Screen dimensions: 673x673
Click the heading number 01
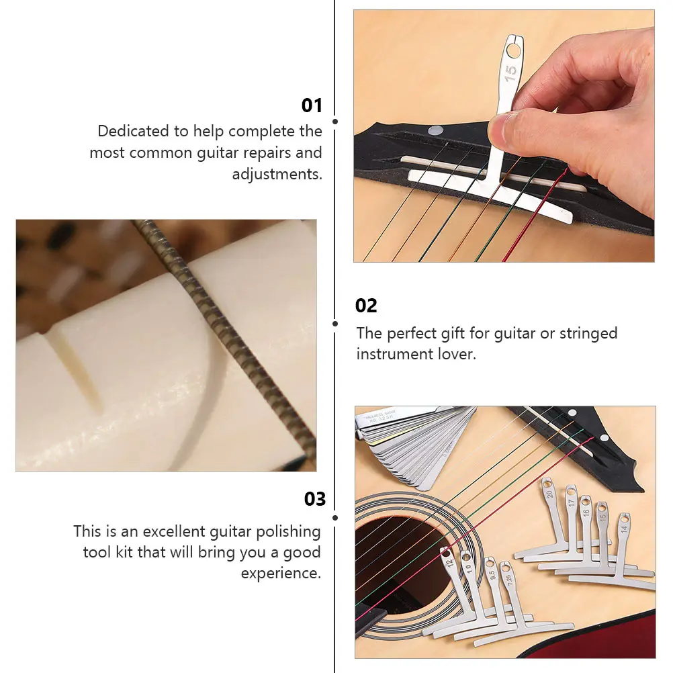coord(312,105)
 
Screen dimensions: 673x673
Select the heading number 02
coord(366,306)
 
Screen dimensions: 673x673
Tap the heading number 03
coord(314,499)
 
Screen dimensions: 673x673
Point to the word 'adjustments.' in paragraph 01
coord(277,174)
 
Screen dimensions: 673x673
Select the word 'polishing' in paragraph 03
coord(288,532)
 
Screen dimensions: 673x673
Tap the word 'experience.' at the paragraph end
coord(281,574)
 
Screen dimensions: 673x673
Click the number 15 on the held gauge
coord(511,73)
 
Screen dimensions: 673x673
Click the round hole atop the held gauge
coord(513,50)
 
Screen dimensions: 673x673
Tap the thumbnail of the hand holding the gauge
coord(504,136)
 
